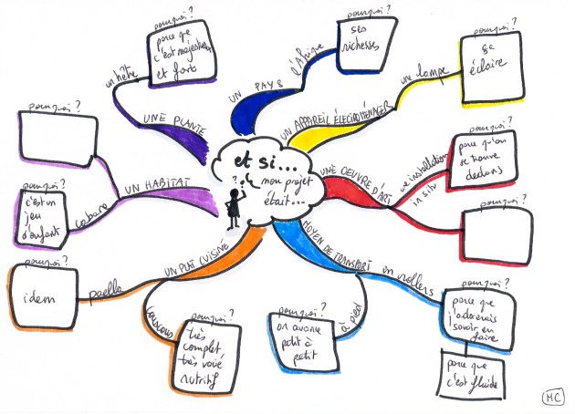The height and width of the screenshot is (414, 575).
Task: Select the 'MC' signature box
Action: pyautogui.click(x=551, y=398)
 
